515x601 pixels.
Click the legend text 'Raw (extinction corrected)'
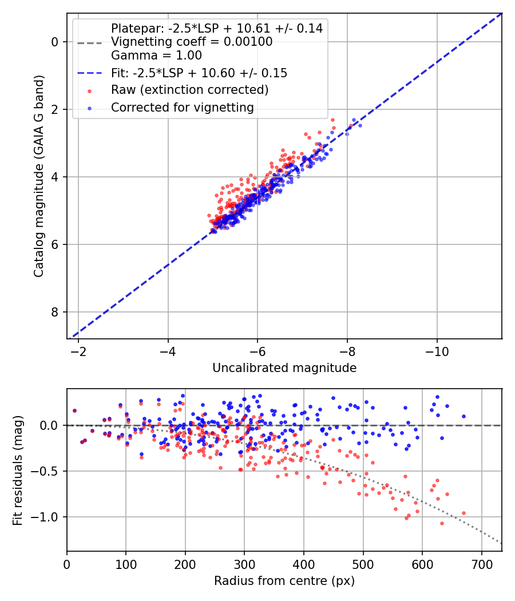(189, 90)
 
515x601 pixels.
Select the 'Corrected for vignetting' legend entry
(182, 107)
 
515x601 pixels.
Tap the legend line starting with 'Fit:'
(199, 73)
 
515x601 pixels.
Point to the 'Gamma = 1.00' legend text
(156, 56)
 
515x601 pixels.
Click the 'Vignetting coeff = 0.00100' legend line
(192, 42)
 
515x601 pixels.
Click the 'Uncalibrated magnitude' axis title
(284, 368)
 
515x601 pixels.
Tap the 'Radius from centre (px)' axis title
(284, 581)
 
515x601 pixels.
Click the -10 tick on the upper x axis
(437, 350)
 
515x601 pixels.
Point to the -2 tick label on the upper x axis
(78, 350)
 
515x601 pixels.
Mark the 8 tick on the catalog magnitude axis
(55, 312)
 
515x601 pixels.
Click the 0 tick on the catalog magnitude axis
(55, 42)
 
